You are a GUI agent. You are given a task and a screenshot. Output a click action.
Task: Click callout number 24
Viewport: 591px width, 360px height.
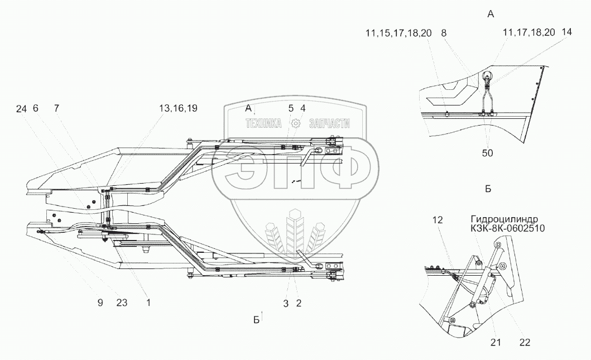pos(21,109)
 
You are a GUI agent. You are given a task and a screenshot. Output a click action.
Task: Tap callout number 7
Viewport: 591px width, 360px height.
pos(56,109)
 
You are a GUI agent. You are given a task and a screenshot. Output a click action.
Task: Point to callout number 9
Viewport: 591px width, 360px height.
pos(100,303)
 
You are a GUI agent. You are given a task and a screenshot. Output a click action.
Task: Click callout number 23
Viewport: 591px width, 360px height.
pos(121,303)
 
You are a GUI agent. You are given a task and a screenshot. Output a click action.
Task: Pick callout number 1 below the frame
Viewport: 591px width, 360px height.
pos(148,303)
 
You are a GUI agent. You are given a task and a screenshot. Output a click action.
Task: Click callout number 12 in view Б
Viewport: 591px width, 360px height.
pos(437,220)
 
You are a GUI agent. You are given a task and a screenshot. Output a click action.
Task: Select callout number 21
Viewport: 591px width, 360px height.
pos(495,342)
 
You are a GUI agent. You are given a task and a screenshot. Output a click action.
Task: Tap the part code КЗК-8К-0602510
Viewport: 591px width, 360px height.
pos(508,228)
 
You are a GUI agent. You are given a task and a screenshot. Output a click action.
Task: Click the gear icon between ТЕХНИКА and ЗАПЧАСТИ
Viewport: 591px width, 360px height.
pos(295,124)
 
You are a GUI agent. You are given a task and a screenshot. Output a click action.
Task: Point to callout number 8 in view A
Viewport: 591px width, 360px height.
pos(444,33)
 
